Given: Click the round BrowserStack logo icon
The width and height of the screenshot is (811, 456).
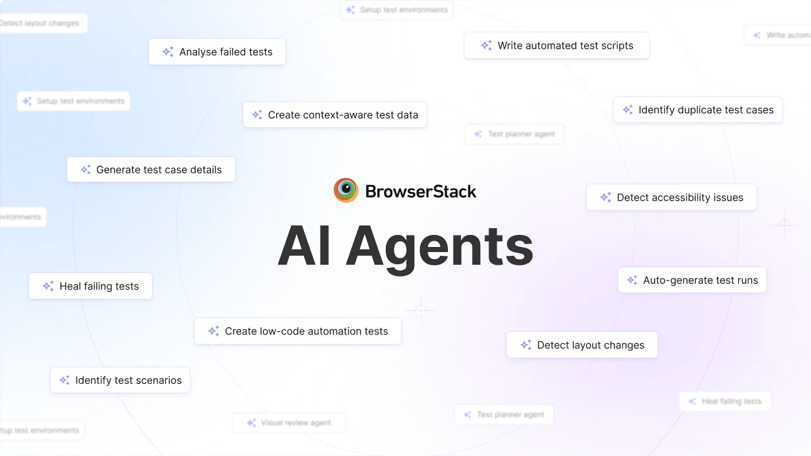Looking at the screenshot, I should (346, 191).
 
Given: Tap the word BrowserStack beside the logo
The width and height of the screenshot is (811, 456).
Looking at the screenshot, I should (421, 191).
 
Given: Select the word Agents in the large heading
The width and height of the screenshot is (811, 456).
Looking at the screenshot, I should (440, 247).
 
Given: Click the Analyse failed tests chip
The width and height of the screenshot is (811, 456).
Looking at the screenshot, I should (217, 52).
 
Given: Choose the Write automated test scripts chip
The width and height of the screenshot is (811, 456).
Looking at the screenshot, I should (557, 46).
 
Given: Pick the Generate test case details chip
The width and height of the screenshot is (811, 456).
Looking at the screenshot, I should (151, 170).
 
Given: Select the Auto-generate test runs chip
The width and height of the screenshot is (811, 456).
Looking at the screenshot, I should (693, 280).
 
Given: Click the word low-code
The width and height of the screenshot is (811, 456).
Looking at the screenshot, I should (280, 331).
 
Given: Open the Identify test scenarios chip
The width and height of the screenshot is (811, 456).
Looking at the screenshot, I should (120, 380).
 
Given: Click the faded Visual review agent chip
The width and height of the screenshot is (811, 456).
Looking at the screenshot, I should (289, 422).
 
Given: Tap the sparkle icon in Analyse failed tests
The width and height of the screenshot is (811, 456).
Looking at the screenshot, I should (168, 52).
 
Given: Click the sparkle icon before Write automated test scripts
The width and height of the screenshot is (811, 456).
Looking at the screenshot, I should (486, 46).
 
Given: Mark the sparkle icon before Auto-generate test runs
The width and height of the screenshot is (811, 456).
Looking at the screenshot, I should (632, 280).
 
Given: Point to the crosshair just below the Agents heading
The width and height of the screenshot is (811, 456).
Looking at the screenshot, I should (421, 310).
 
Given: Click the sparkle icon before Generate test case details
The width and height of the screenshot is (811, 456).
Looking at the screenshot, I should (86, 170).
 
